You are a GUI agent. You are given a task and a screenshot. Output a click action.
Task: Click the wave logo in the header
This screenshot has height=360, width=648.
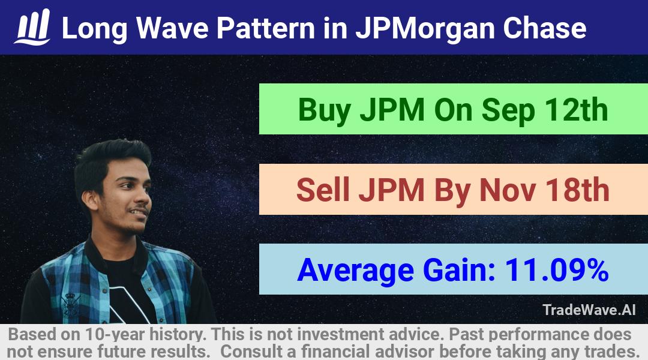click(x=32, y=27)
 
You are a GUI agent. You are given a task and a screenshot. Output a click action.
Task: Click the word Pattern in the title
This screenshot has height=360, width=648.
click(x=266, y=28)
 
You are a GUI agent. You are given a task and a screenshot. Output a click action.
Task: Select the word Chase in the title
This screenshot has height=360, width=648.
click(x=544, y=28)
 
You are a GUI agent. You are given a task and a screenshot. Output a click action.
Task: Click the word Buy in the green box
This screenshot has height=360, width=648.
click(x=325, y=110)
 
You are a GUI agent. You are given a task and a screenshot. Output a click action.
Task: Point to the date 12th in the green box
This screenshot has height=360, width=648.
click(x=576, y=110)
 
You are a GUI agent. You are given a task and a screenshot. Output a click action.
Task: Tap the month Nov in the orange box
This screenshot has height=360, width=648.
click(x=507, y=190)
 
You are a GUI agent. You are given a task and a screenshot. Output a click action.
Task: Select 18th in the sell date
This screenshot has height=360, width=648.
click(x=577, y=190)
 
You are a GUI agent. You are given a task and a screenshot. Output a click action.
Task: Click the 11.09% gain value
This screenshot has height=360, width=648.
click(x=556, y=270)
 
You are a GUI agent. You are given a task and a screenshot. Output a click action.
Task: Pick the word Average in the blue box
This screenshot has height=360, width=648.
click(x=355, y=271)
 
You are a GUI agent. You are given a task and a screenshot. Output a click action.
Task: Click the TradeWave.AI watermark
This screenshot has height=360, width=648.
click(x=589, y=310)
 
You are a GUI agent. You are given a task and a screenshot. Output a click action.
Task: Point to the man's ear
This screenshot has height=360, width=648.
click(x=89, y=200)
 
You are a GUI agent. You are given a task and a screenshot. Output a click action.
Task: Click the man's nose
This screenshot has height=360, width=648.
click(x=145, y=195)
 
